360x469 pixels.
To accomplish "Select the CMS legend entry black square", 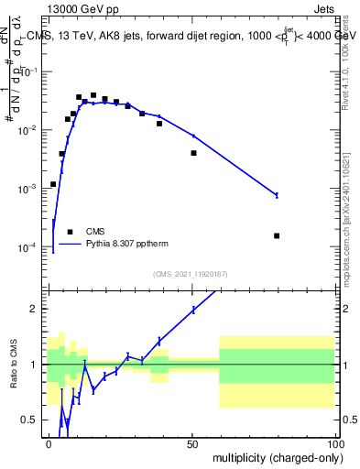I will coord(70,232).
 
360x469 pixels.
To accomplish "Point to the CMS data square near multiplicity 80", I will coord(277,235).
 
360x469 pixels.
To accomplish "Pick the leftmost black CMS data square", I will coord(53,184).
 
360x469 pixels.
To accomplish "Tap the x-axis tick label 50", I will coord(192,443).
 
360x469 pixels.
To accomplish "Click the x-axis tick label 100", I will coord(334,443).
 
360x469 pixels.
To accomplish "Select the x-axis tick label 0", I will coord(49,443).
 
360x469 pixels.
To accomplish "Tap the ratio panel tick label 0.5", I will coord(32,420).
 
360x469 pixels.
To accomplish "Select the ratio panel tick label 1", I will coord(36,365).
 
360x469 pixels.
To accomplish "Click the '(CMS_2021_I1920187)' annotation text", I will coord(191,274).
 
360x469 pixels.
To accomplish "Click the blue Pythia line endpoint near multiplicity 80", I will coord(277,195).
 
